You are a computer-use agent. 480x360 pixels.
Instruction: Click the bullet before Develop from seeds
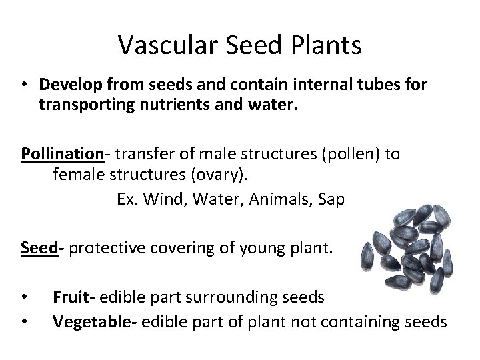coord(23,85)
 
